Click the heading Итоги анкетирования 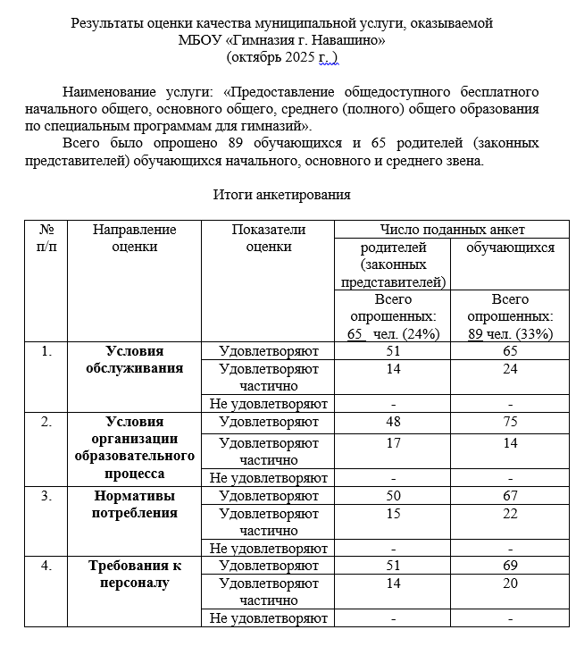point(281,194)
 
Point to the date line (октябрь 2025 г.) point(282,57)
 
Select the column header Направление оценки point(135,238)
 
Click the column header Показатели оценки point(268,238)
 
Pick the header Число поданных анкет point(452,230)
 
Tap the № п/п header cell point(46,238)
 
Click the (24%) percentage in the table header point(416,333)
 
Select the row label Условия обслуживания point(135,359)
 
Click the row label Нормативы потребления point(135,504)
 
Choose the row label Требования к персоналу point(135,574)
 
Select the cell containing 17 point(394,442)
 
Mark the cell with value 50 point(394,495)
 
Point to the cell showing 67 point(510,495)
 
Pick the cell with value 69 point(510,565)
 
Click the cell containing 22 point(510,513)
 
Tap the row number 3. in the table point(46,495)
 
